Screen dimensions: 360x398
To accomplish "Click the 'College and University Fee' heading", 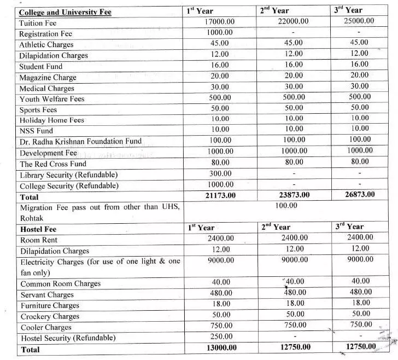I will [x=65, y=12].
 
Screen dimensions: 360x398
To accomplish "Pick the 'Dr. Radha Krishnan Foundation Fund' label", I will [x=80, y=141].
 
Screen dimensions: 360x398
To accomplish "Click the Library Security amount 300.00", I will [x=221, y=173].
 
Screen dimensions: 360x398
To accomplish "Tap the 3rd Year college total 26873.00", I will [x=356, y=194].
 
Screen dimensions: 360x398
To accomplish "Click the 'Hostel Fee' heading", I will [x=38, y=229].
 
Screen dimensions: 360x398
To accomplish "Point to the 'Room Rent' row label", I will [x=38, y=240].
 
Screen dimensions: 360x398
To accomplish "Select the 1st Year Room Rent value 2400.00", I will [x=221, y=239].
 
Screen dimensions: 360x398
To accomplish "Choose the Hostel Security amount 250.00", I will [x=221, y=336].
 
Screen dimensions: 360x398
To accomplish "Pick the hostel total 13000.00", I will [x=220, y=347].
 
